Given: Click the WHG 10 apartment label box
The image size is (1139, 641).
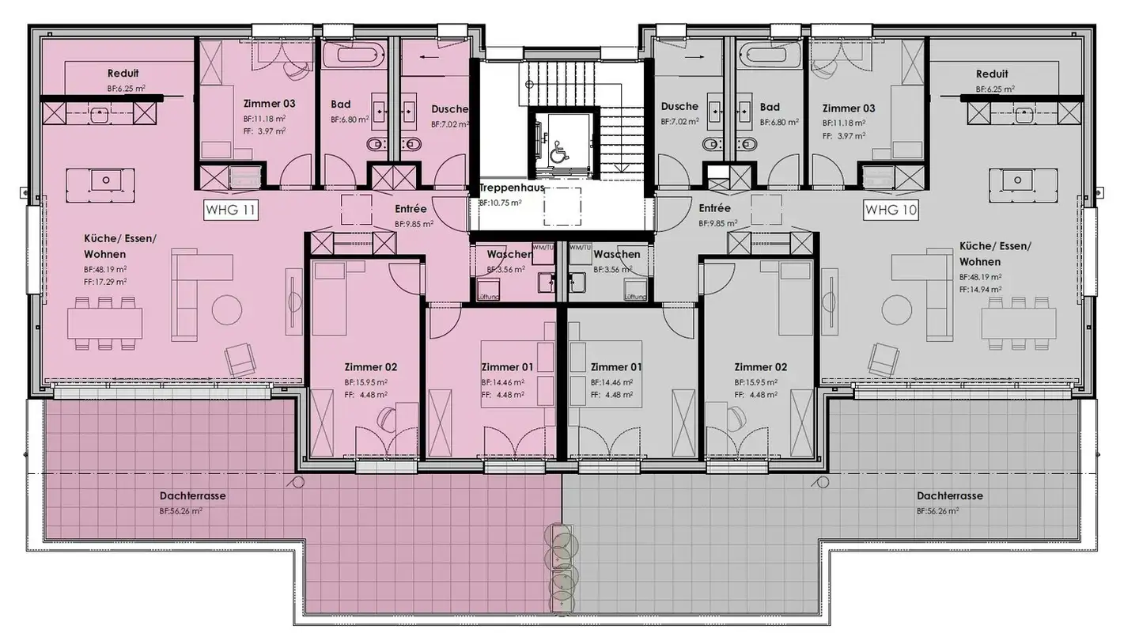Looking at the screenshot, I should click(891, 210).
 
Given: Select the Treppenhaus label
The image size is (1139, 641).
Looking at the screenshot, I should click(512, 188).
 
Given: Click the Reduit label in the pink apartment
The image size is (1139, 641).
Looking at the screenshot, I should click(123, 74).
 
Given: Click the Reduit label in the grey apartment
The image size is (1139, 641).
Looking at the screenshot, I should click(992, 74).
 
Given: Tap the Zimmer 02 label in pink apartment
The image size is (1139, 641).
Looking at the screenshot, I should click(370, 367).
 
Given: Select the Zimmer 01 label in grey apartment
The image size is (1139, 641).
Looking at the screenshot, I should click(616, 367).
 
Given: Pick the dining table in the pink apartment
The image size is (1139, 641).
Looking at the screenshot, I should click(105, 323).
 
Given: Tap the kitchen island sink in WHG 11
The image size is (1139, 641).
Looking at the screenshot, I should click(105, 180).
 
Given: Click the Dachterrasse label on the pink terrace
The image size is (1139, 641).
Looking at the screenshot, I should click(192, 496).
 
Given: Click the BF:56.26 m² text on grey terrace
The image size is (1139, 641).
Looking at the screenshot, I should click(939, 511).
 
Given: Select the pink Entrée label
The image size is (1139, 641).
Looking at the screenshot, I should click(411, 209).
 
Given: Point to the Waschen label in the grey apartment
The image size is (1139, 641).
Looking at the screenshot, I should click(616, 254).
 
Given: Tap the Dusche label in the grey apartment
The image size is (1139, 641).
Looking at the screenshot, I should click(679, 106).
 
